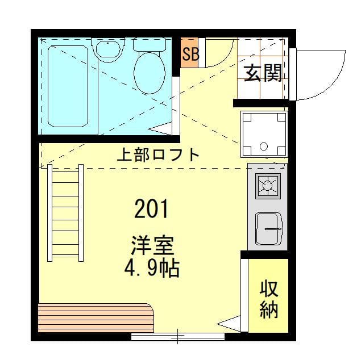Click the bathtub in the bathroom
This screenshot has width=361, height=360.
tap(68, 86)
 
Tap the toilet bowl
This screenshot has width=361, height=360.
tap(149, 74)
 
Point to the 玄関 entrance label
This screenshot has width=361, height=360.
tap(263, 73)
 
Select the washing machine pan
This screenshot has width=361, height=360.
tap(264, 134)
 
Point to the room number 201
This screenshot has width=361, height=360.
tap(151, 210)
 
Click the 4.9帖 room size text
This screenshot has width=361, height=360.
tap(151, 267)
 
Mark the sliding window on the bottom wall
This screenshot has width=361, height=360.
tap(177, 337)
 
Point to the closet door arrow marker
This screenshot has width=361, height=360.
tap(230, 325)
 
